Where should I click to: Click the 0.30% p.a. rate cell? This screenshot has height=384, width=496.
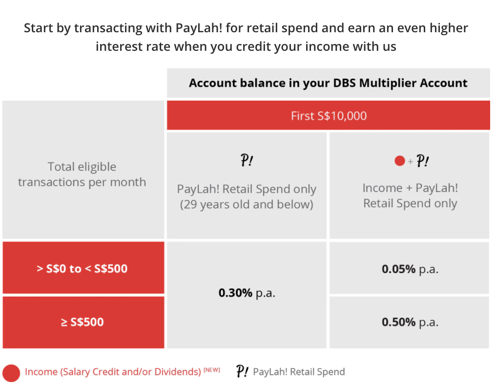point(247,293)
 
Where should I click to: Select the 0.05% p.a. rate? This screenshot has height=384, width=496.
point(410,269)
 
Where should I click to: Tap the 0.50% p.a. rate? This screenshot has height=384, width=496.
point(410,322)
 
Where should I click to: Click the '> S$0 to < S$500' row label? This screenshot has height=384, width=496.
point(82,268)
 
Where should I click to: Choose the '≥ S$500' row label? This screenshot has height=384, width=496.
point(82,322)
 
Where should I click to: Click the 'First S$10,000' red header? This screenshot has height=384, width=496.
point(329,116)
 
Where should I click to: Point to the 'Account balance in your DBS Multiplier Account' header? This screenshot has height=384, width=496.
point(328,83)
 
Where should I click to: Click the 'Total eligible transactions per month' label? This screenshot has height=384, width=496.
point(82,174)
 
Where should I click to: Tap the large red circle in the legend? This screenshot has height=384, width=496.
point(11,373)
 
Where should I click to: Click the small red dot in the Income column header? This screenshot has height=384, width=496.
point(400,161)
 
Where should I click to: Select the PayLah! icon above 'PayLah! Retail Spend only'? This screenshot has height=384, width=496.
point(247,160)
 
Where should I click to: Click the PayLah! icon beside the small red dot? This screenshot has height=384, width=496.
point(422,161)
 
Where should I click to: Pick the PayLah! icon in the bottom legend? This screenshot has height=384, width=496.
point(243,371)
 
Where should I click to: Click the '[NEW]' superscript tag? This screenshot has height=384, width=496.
point(211,370)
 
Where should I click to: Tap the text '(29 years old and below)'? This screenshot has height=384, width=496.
point(247,205)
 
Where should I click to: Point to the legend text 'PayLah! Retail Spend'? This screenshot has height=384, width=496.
point(299,372)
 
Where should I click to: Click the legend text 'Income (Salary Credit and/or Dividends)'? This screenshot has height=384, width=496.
point(113,372)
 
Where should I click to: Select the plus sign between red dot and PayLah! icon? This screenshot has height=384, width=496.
point(411,161)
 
